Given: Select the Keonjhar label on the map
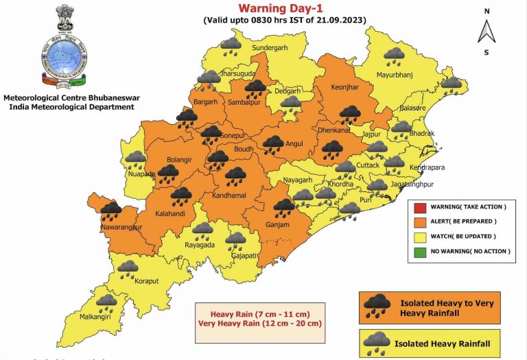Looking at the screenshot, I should coord(337,87).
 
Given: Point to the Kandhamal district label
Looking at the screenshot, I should coord(235,195).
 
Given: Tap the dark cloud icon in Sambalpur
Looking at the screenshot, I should coord(257,88).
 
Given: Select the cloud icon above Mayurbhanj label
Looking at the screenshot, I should coord(394,56).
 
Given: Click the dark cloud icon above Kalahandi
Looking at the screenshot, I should coord(181,197).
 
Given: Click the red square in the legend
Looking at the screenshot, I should coord(418,207).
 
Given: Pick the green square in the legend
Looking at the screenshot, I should coord(418,251).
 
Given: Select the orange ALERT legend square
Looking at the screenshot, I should coord(418,221).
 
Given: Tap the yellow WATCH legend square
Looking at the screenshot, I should coord(418,237).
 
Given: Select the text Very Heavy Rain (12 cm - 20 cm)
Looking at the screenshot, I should coord(260,323).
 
